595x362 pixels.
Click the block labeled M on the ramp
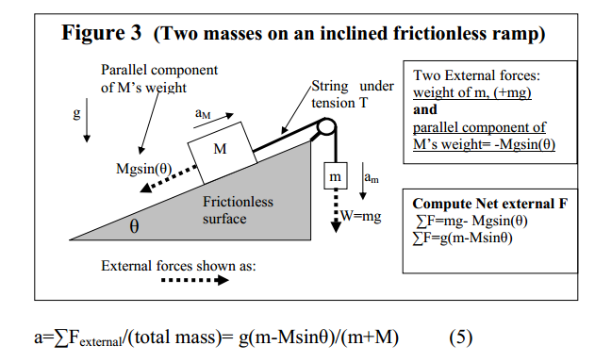pyautogui.click(x=219, y=150)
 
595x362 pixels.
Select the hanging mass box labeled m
pyautogui.click(x=334, y=176)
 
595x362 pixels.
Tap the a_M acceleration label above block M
pyautogui.click(x=202, y=112)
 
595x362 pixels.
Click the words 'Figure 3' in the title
pyautogui.click(x=101, y=35)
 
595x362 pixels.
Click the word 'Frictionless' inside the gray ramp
pyautogui.click(x=238, y=202)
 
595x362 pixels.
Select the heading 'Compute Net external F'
pyautogui.click(x=489, y=204)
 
